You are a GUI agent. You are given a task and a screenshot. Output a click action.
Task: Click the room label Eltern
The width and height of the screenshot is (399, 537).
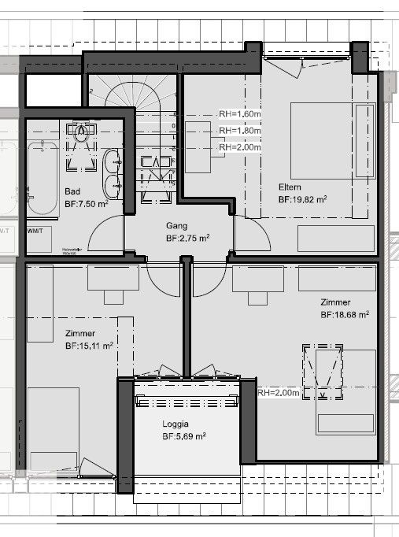[292, 187]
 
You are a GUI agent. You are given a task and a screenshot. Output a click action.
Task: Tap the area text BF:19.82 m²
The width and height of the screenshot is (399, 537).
[302, 200]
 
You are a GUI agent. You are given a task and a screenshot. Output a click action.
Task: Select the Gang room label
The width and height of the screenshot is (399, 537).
[176, 224]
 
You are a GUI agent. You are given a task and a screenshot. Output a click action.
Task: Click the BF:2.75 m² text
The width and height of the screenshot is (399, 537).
[187, 237]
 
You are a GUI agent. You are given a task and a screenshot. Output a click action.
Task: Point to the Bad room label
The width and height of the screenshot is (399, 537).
[72, 191]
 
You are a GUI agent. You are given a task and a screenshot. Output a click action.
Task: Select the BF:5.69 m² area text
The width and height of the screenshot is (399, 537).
[184, 435]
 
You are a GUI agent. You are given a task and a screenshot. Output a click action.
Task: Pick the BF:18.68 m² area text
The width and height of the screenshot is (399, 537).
[345, 314]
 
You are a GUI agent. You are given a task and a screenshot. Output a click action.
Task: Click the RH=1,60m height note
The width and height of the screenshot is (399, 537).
[239, 113]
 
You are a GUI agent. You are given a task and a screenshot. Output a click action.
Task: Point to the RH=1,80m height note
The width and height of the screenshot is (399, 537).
[239, 130]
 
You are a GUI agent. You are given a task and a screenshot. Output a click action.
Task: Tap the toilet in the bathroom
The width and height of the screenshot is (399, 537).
[81, 143]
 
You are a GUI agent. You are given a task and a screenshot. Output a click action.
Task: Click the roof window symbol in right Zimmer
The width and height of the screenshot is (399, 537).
[323, 368]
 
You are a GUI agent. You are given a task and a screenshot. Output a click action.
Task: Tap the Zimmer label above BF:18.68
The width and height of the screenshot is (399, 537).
[336, 302]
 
